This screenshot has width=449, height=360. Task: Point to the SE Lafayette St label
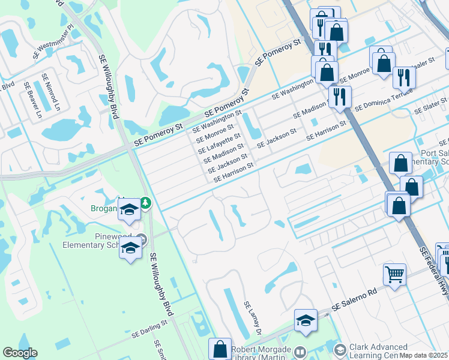(x=221, y=143)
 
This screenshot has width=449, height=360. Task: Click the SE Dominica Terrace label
(x=384, y=99)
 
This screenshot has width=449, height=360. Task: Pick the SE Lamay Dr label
(x=253, y=318)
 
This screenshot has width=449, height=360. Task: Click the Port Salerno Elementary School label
(x=434, y=157)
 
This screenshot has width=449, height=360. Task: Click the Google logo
(x=20, y=353)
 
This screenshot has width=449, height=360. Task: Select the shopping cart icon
(x=394, y=275)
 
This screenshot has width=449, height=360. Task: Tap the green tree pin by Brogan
(x=146, y=204)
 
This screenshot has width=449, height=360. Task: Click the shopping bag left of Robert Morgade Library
(x=220, y=349)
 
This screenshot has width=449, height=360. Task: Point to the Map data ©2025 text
(x=423, y=355)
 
